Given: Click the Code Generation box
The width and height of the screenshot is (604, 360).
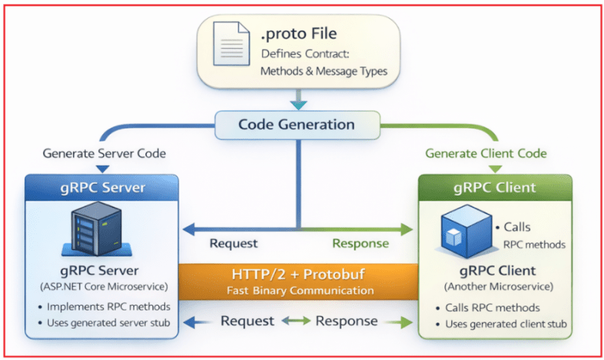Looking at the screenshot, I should point(296,124).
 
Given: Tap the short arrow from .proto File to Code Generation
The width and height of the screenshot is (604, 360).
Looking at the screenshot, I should point(297,101).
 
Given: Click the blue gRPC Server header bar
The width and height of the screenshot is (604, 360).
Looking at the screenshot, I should point(103,188).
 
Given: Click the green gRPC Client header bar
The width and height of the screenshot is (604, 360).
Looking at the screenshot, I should point(495,188).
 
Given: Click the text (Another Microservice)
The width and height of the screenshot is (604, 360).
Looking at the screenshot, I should point(495,287).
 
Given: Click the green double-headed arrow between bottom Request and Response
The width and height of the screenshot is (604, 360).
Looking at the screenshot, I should point(296,321).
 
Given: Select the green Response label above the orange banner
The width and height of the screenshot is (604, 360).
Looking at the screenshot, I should point(360,244).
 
